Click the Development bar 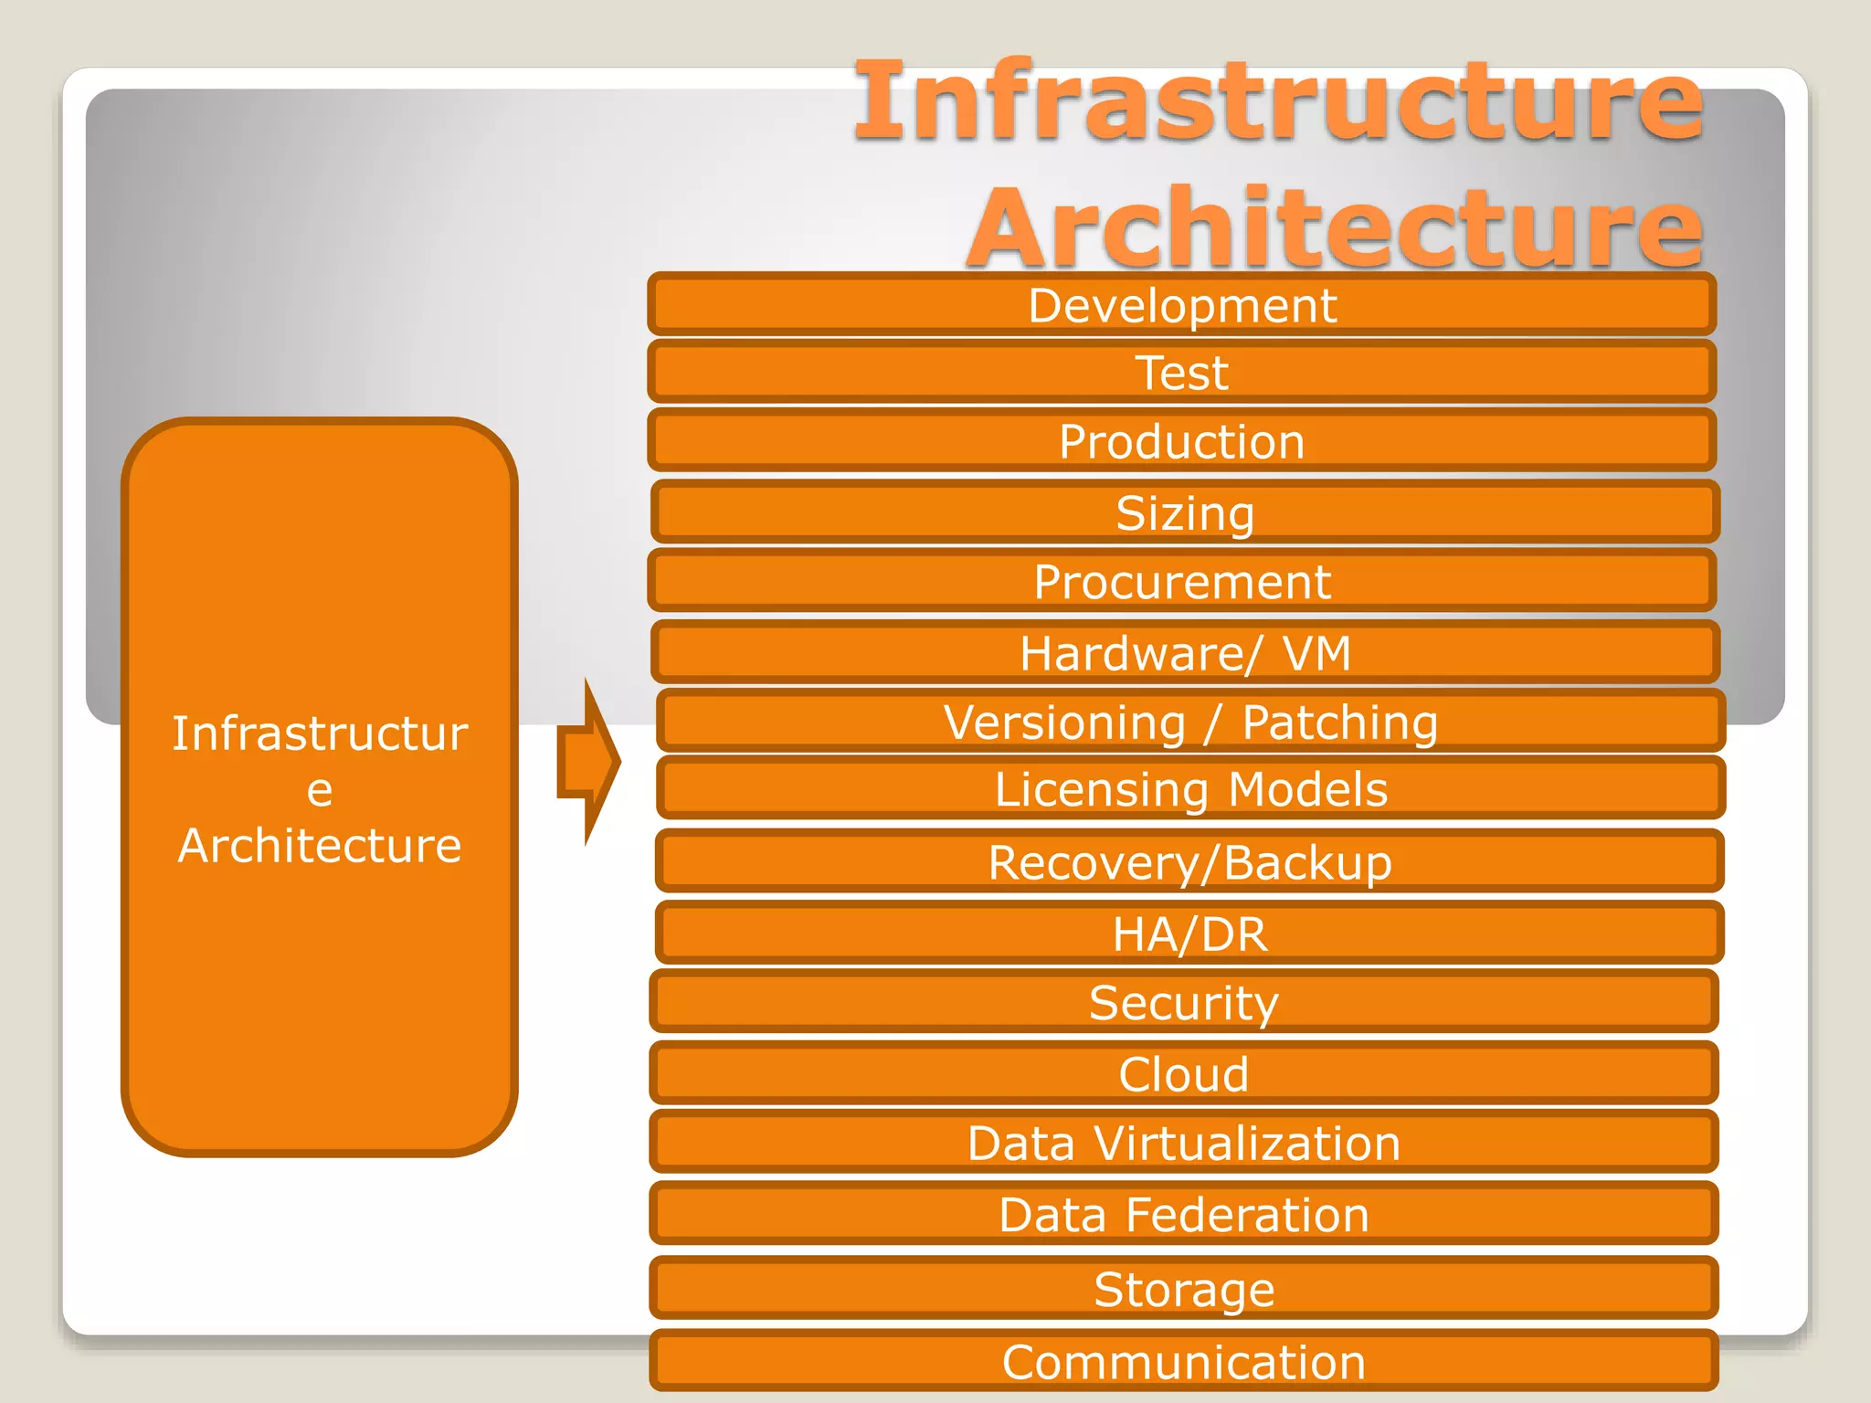pos(1181,304)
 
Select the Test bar pos(1181,372)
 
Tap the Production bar pos(1181,441)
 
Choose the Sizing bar pos(1185,512)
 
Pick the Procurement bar pos(1181,581)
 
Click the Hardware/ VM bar pos(1185,652)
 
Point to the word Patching pos(1339,723)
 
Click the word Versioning pos(1064,723)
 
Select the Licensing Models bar pos(1190,788)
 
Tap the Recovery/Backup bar pos(1189,861)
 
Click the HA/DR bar pos(1189,933)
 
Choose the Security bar pos(1184,1002)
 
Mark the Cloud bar pos(1184,1073)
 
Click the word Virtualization pos(1247,1143)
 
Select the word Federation pos(1247,1214)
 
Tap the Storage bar pos(1184,1288)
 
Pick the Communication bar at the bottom pos(1184,1361)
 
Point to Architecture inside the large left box pos(320,845)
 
